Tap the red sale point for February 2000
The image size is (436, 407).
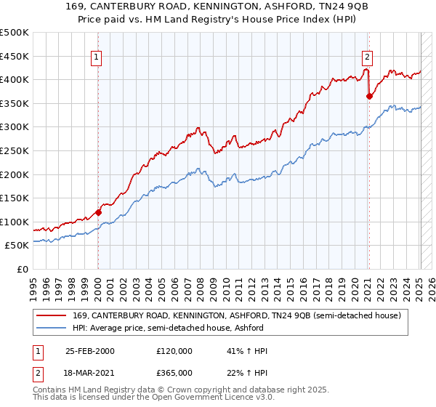[x=98, y=212]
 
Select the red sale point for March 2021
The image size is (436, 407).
[x=369, y=95]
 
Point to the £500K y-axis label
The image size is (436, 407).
[x=15, y=33]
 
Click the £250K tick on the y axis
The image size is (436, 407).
[x=15, y=150]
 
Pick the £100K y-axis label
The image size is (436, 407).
[x=15, y=222]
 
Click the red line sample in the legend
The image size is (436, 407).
[x=51, y=315]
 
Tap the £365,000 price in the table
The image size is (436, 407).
[x=174, y=373]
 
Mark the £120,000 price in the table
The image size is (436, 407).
[x=174, y=351]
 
